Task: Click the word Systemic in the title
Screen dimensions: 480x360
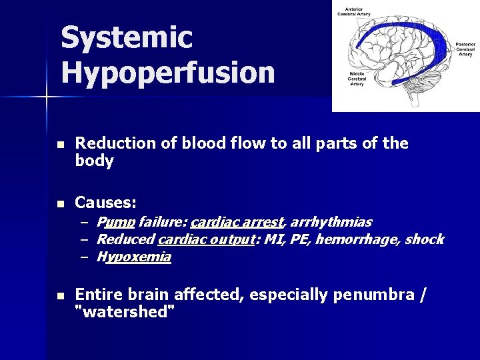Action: pyautogui.click(x=127, y=37)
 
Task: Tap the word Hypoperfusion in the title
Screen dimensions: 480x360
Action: pyautogui.click(x=167, y=72)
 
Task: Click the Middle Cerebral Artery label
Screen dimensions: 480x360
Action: pyautogui.click(x=357, y=79)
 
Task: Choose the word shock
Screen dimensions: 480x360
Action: pyautogui.click(x=424, y=239)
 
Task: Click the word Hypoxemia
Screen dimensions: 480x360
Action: pyautogui.click(x=133, y=257)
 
